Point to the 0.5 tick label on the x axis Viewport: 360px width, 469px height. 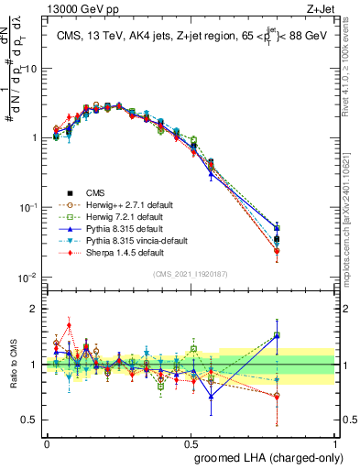(191, 442)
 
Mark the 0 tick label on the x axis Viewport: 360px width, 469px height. (47, 442)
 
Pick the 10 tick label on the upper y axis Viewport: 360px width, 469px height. (30, 69)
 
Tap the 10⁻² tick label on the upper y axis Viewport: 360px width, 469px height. (28, 278)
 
